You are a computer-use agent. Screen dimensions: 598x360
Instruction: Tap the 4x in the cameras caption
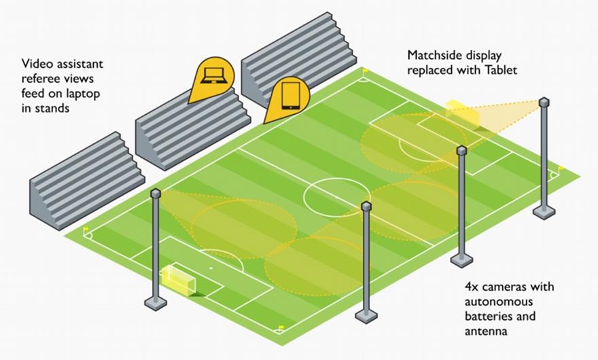472,286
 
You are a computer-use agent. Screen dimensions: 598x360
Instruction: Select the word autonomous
499,302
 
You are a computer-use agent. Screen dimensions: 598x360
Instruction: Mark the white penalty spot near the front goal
211,268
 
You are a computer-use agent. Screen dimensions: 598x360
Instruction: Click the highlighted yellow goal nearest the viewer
178,281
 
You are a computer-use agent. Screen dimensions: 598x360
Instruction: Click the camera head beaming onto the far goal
544,102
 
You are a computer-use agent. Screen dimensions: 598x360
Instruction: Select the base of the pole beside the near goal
156,303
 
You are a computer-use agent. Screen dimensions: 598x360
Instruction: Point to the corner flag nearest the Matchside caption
364,71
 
